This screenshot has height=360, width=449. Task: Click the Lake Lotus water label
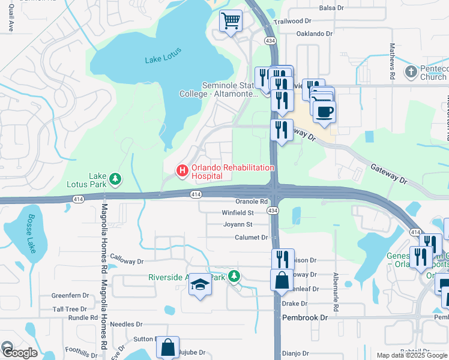(163, 59)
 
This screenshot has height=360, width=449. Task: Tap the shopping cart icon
(231, 22)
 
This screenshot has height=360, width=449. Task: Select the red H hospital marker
(181, 171)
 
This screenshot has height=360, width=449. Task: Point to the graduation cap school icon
(200, 285)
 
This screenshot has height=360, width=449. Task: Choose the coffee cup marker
(324, 112)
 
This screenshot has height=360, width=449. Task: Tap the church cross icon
(411, 72)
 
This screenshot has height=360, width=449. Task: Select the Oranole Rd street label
(251, 202)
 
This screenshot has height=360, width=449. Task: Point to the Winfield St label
(238, 212)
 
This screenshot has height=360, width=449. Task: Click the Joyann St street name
(237, 224)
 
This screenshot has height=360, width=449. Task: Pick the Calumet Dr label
(251, 238)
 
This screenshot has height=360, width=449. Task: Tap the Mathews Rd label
(392, 61)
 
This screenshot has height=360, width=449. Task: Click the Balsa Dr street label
(331, 8)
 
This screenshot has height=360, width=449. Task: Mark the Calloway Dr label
(127, 261)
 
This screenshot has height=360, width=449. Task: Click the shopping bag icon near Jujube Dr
(167, 347)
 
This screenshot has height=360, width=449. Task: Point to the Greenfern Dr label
(70, 296)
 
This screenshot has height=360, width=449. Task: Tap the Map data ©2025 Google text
(412, 355)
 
